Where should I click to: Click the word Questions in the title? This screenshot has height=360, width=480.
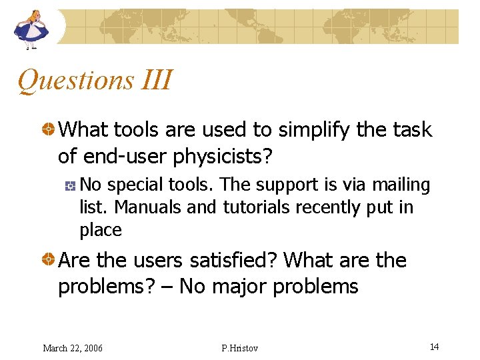pyautogui.click(x=75, y=81)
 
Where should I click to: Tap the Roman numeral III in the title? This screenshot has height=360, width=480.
pyautogui.click(x=157, y=80)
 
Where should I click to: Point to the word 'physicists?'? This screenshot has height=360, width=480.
pyautogui.click(x=223, y=156)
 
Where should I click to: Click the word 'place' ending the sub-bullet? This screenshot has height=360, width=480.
pyautogui.click(x=101, y=231)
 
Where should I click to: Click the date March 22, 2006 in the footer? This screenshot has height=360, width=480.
pyautogui.click(x=73, y=348)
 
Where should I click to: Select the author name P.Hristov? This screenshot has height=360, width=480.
pyautogui.click(x=239, y=348)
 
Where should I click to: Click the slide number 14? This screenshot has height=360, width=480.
pyautogui.click(x=434, y=347)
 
